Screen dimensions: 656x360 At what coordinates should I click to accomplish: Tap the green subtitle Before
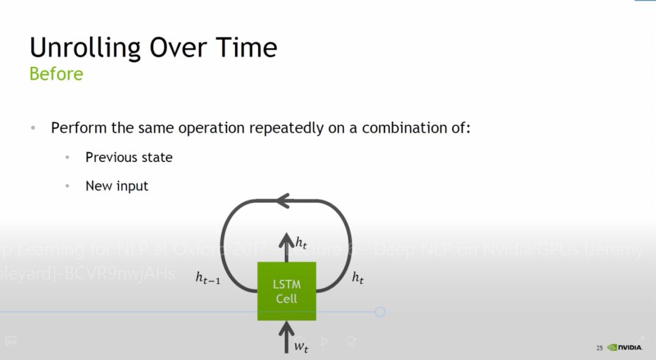(x=56, y=74)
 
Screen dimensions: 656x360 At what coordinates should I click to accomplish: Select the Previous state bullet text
(x=129, y=157)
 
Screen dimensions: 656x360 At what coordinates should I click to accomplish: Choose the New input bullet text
(x=117, y=186)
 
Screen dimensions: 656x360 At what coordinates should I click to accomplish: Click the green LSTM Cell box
(x=287, y=291)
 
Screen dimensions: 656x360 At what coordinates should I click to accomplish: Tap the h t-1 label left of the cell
(x=207, y=277)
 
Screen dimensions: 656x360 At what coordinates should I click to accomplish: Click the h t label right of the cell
(x=358, y=278)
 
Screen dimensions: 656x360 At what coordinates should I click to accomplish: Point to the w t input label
(x=301, y=347)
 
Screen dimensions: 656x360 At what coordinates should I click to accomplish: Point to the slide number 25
(x=600, y=348)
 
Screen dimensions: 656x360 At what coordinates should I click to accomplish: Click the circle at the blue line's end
(x=380, y=312)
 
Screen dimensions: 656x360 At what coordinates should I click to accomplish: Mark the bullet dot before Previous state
(x=67, y=158)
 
